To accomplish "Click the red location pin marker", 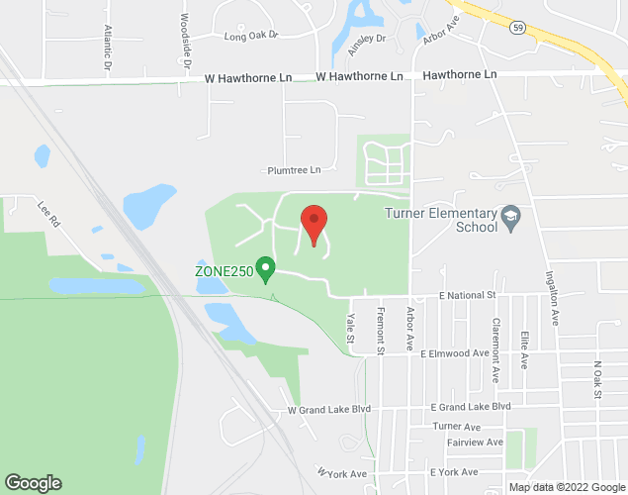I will pos(314,223).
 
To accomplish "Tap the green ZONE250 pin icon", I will pos(265,268).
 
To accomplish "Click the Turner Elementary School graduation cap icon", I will pos(511,216).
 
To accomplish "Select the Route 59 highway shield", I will pos(517,28).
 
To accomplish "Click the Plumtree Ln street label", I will pos(295,170).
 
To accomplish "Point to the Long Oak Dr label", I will pos(252,37).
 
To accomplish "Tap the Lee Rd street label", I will pos(49,215).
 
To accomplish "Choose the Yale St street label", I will pos(350,330).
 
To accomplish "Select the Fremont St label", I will pos(380,329).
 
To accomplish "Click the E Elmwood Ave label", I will pos(455,352).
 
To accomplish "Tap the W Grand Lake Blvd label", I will pos(329,408).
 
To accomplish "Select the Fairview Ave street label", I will pos(475,442).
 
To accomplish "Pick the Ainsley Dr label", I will pos(366,44).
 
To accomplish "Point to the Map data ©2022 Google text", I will pos(566,487).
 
